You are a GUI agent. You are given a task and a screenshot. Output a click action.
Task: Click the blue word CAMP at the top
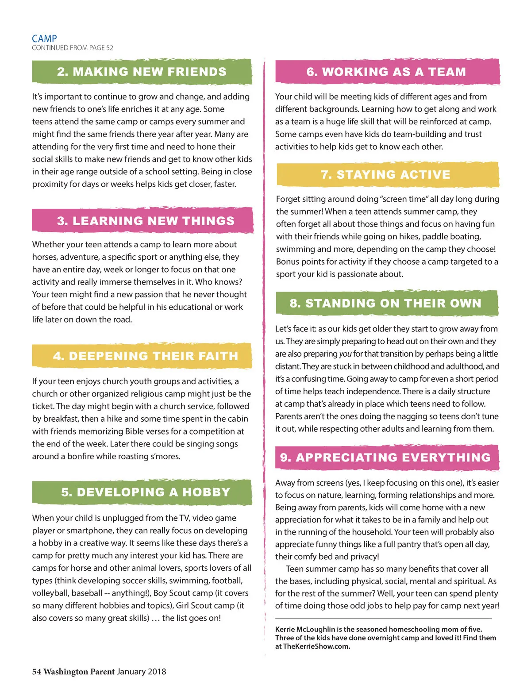click(44, 38)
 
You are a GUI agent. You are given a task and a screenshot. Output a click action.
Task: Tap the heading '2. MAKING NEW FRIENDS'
click(142, 72)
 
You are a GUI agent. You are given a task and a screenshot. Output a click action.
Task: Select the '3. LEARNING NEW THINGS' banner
click(146, 221)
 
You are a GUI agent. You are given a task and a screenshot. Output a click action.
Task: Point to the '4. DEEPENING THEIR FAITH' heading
click(146, 356)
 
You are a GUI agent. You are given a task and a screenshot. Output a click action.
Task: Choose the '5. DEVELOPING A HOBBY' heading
click(146, 492)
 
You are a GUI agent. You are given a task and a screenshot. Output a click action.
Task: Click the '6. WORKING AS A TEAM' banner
click(386, 72)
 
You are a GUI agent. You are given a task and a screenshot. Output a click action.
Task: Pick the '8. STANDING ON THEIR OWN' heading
click(385, 303)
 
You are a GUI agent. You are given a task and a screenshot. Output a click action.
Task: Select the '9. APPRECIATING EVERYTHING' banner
click(385, 457)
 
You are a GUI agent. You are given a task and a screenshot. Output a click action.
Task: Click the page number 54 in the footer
click(36, 672)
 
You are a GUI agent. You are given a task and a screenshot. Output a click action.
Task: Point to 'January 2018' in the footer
click(142, 672)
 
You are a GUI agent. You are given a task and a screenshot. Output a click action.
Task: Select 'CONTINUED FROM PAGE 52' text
click(73, 48)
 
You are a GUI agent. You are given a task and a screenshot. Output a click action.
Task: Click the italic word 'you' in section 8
click(345, 354)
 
